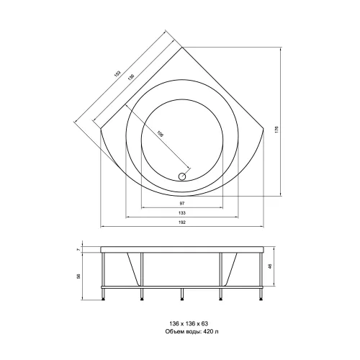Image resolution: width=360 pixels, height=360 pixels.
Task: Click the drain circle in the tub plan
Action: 182,176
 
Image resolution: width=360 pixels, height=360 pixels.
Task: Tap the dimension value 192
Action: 182,222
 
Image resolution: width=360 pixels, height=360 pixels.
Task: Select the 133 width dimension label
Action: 182,213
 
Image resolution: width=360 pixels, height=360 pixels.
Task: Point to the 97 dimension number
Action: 182,204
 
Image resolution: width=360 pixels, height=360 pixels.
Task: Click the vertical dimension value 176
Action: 276,130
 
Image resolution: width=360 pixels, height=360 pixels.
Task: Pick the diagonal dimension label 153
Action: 117,73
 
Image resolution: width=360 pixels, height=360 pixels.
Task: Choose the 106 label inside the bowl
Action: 160,134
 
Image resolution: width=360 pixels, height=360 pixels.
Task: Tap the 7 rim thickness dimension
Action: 78,250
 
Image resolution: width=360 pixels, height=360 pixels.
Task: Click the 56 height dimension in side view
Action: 78,276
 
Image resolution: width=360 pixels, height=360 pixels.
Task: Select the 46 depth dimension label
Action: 269,266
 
